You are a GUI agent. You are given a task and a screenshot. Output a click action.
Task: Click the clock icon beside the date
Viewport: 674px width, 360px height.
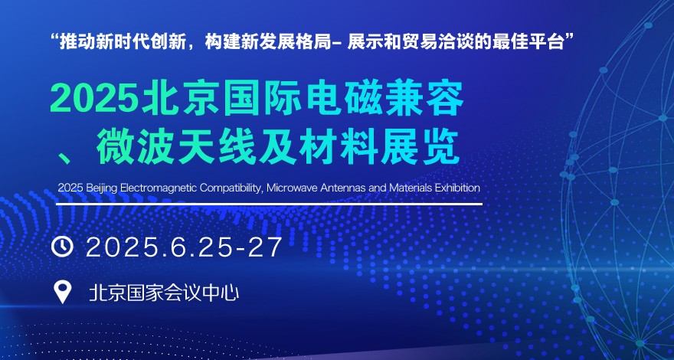[62, 247]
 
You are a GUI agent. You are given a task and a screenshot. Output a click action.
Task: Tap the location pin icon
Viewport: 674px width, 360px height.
[63, 292]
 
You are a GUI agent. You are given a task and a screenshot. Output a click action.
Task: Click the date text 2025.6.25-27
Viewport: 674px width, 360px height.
[185, 247]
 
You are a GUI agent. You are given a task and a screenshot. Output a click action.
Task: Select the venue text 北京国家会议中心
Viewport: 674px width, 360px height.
[164, 293]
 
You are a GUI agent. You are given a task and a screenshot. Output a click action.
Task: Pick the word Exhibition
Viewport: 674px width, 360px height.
[457, 188]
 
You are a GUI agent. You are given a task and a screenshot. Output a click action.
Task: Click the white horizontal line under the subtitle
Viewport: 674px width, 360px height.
[269, 204]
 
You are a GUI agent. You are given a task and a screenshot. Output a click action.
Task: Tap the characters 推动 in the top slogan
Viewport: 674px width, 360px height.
[74, 43]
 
